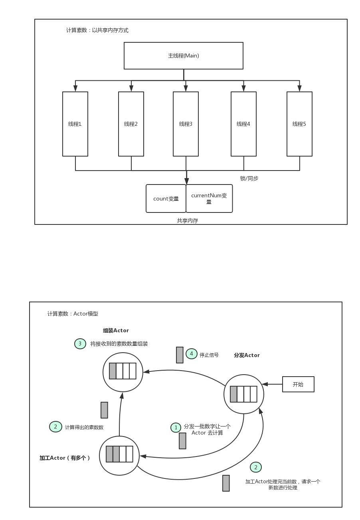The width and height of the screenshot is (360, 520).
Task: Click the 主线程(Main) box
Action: pyautogui.click(x=183, y=56)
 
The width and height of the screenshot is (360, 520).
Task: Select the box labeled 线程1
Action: pyautogui.click(x=75, y=124)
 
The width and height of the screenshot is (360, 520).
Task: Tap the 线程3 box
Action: pyautogui.click(x=186, y=124)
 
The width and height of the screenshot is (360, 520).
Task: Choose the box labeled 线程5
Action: pyautogui.click(x=299, y=124)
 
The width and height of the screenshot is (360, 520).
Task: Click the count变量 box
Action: pyautogui.click(x=166, y=198)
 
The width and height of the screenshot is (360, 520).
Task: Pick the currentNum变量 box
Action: pyautogui.click(x=209, y=198)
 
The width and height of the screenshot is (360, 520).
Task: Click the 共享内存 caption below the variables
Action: pyautogui.click(x=188, y=220)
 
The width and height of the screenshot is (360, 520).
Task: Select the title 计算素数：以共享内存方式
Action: pyautogui.click(x=97, y=30)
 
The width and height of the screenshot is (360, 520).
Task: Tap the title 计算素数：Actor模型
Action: pyautogui.click(x=73, y=314)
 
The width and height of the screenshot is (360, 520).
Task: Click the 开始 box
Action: pyautogui.click(x=298, y=384)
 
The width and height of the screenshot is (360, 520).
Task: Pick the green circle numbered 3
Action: pyautogui.click(x=80, y=343)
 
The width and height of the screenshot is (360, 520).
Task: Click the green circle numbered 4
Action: pyautogui.click(x=192, y=354)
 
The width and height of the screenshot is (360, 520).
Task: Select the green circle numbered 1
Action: pyautogui.click(x=176, y=428)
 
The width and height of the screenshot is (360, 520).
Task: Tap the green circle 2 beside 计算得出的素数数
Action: pyautogui.click(x=55, y=427)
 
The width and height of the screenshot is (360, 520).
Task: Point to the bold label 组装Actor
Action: pyautogui.click(x=116, y=331)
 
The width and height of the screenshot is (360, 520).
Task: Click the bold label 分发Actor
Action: pyautogui.click(x=247, y=355)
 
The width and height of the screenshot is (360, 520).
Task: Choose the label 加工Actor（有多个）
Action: pyautogui.click(x=65, y=458)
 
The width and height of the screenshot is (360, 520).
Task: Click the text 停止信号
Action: pyautogui.click(x=209, y=355)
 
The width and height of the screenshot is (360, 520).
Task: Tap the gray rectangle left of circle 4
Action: pyautogui.click(x=180, y=355)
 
